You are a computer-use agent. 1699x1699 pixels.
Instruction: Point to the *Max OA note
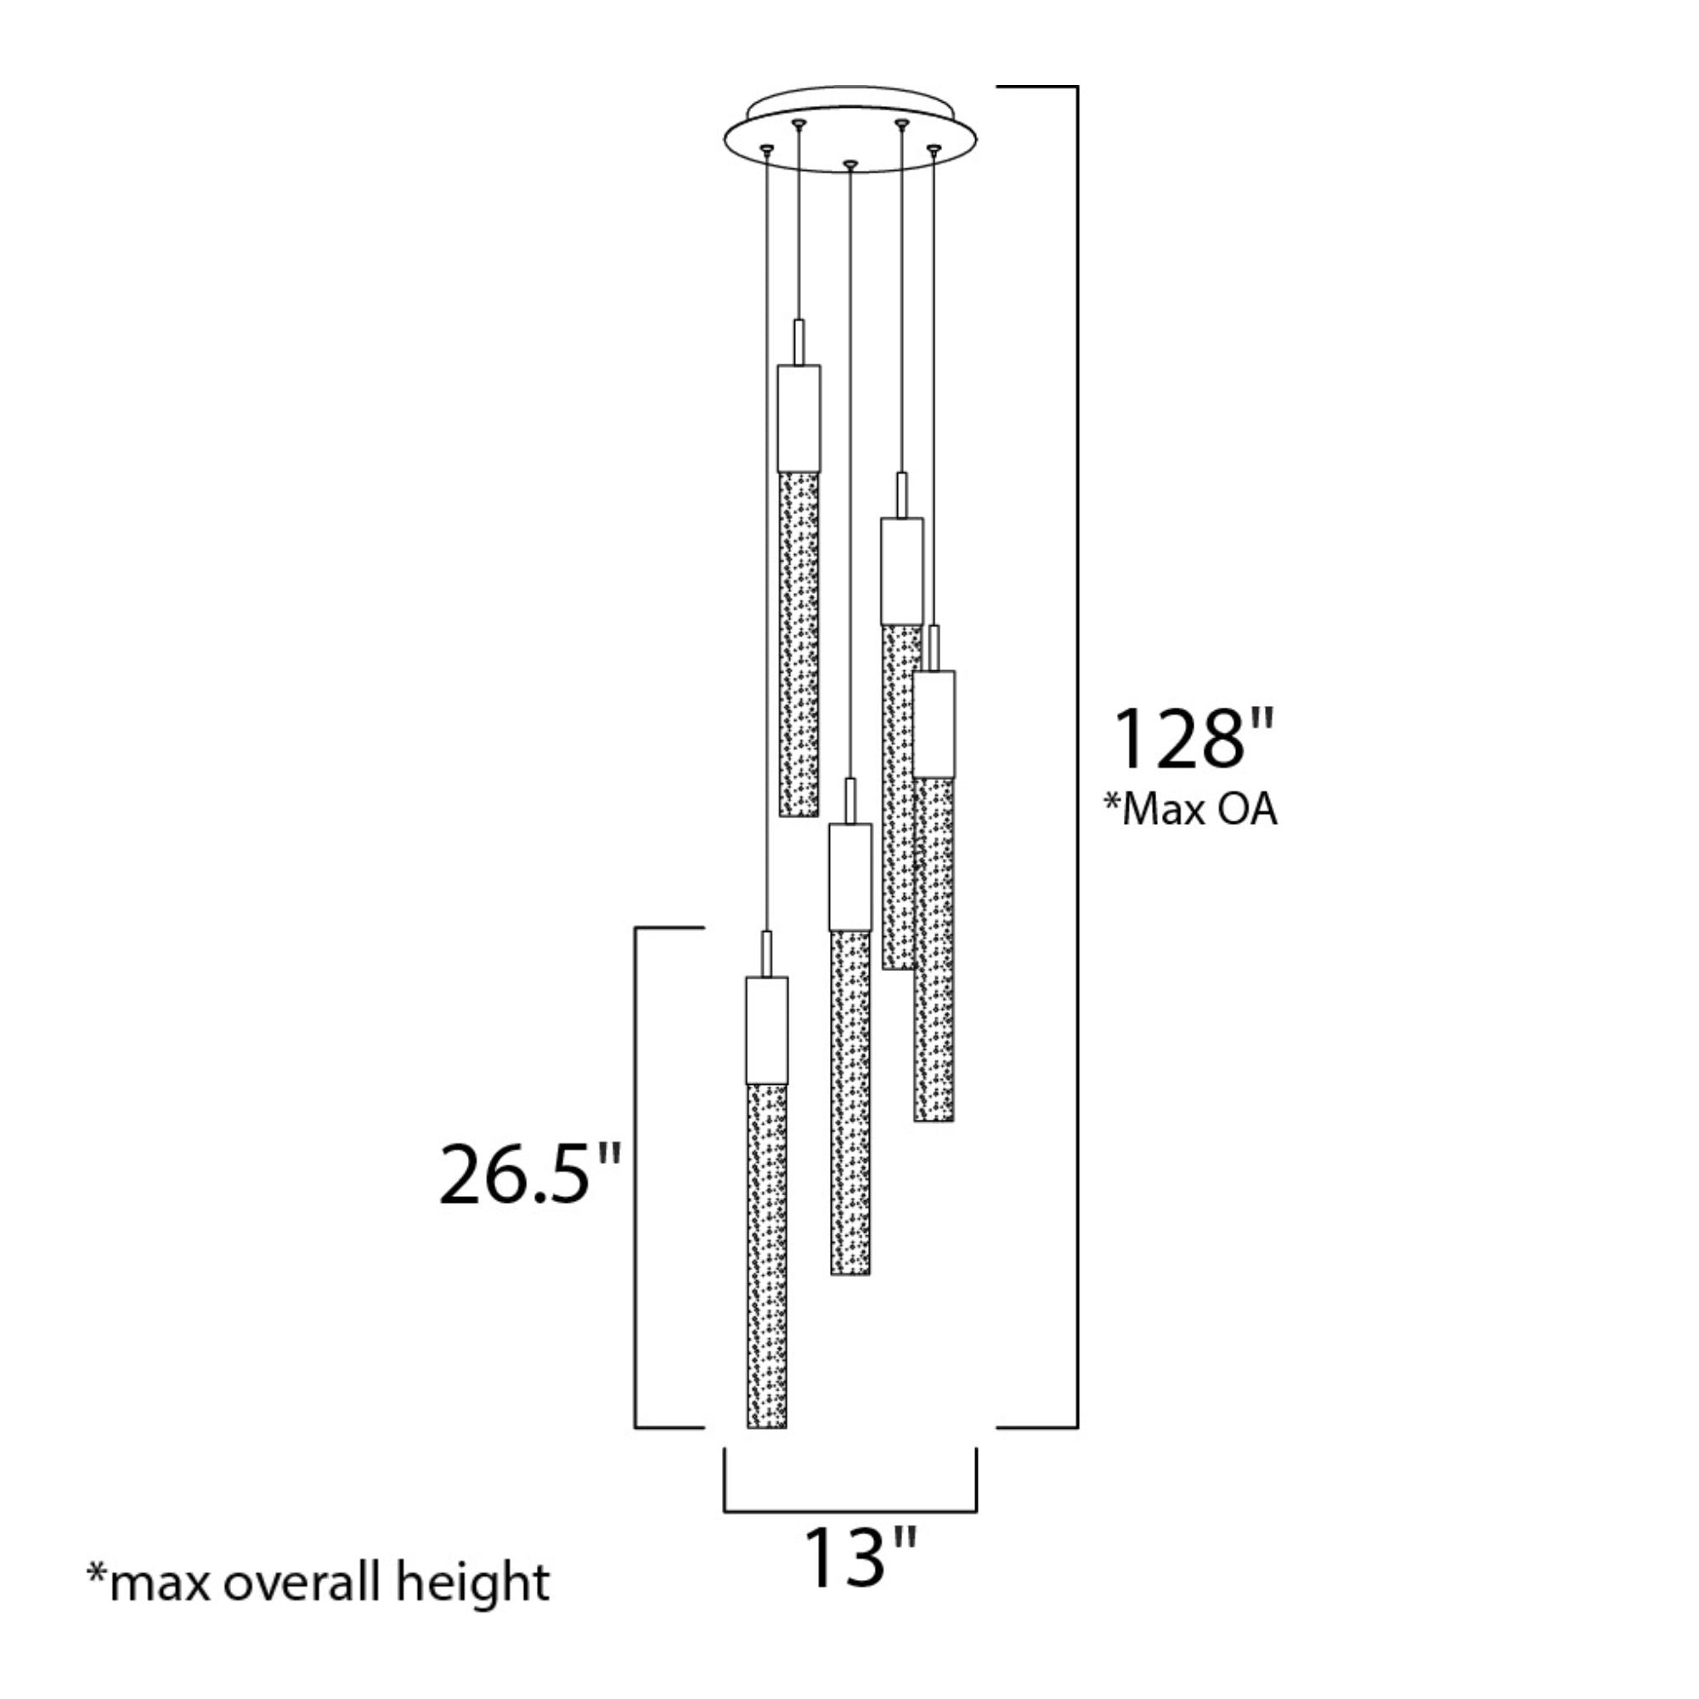click(1191, 809)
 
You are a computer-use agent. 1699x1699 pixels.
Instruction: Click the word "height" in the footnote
click(472, 1583)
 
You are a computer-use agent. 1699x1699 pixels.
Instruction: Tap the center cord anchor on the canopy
click(849, 165)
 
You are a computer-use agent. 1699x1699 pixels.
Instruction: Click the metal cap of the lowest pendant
click(767, 1030)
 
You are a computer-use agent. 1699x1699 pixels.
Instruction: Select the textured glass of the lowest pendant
click(767, 1256)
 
